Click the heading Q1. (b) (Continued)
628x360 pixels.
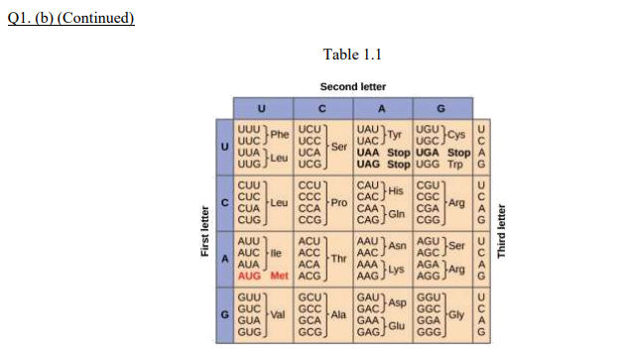[x=69, y=19]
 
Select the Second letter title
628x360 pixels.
[x=352, y=86]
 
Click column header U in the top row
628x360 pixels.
[x=262, y=109]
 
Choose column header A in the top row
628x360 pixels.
[x=381, y=109]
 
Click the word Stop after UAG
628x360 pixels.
[x=398, y=163]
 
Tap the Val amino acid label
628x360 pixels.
[x=279, y=313]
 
